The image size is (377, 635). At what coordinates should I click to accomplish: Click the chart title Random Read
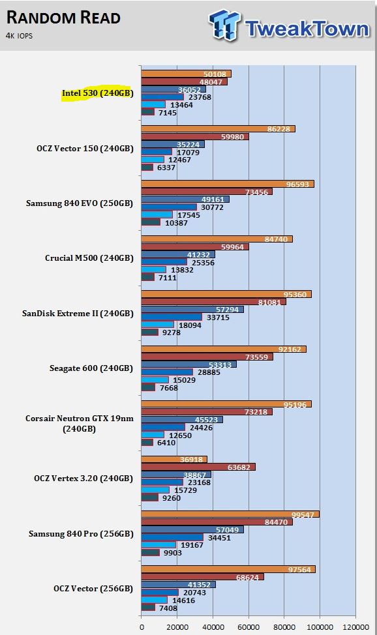pyautogui.click(x=64, y=18)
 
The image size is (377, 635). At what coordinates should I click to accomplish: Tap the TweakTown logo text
pyautogui.click(x=307, y=29)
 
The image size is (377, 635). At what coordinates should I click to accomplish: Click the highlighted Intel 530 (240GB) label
pyautogui.click(x=97, y=93)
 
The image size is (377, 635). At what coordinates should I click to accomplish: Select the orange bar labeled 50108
pyautogui.click(x=186, y=74)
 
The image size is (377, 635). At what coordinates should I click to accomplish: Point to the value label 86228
pyautogui.click(x=279, y=129)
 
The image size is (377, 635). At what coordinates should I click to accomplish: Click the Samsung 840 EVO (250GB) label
pyautogui.click(x=80, y=203)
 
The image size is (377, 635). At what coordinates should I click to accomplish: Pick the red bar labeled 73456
pyautogui.click(x=207, y=192)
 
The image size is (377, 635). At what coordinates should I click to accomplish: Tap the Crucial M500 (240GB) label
pyautogui.click(x=89, y=258)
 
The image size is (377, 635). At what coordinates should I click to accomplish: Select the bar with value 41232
pyautogui.click(x=178, y=255)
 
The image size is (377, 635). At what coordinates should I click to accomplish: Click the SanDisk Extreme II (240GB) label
pyautogui.click(x=78, y=314)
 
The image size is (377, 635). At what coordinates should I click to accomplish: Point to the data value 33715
pyautogui.click(x=218, y=317)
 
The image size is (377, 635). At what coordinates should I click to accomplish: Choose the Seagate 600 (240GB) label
pyautogui.click(x=91, y=368)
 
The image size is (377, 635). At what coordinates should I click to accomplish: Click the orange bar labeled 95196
pyautogui.click(x=226, y=404)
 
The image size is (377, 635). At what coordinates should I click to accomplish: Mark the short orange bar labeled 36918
pyautogui.click(x=174, y=459)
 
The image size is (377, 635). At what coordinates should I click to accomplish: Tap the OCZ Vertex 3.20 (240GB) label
pyautogui.click(x=83, y=479)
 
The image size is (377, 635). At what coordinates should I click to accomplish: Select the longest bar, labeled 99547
pyautogui.click(x=230, y=514)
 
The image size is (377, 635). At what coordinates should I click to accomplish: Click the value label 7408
pyautogui.click(x=168, y=608)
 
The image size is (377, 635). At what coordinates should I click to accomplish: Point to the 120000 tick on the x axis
pyautogui.click(x=356, y=627)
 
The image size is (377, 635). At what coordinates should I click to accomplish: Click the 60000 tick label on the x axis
pyautogui.click(x=249, y=627)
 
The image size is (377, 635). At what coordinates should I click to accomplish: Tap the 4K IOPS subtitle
pyautogui.click(x=19, y=36)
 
